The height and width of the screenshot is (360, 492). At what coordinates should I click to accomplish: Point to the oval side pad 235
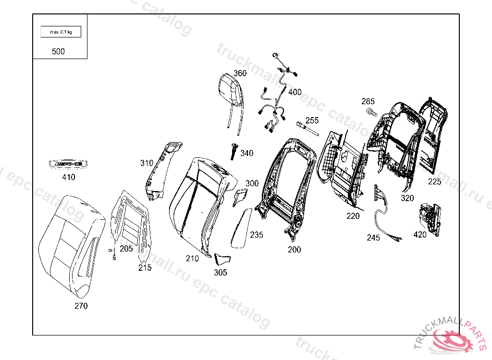click(241, 228)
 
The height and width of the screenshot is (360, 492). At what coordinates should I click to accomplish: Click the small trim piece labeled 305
click(222, 260)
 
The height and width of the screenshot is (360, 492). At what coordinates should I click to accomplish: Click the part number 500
click(58, 51)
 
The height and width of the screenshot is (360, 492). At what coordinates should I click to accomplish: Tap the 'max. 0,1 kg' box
click(61, 32)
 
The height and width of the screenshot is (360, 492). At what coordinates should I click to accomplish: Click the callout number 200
click(295, 250)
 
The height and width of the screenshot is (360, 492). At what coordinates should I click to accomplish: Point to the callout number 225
click(434, 181)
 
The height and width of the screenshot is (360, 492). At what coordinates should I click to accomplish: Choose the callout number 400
click(295, 92)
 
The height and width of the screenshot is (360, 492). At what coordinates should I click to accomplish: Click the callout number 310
click(147, 163)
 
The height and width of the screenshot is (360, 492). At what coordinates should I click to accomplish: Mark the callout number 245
click(373, 238)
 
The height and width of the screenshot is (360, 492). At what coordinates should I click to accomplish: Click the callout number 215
click(145, 267)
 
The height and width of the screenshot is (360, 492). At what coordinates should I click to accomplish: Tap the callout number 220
click(353, 216)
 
